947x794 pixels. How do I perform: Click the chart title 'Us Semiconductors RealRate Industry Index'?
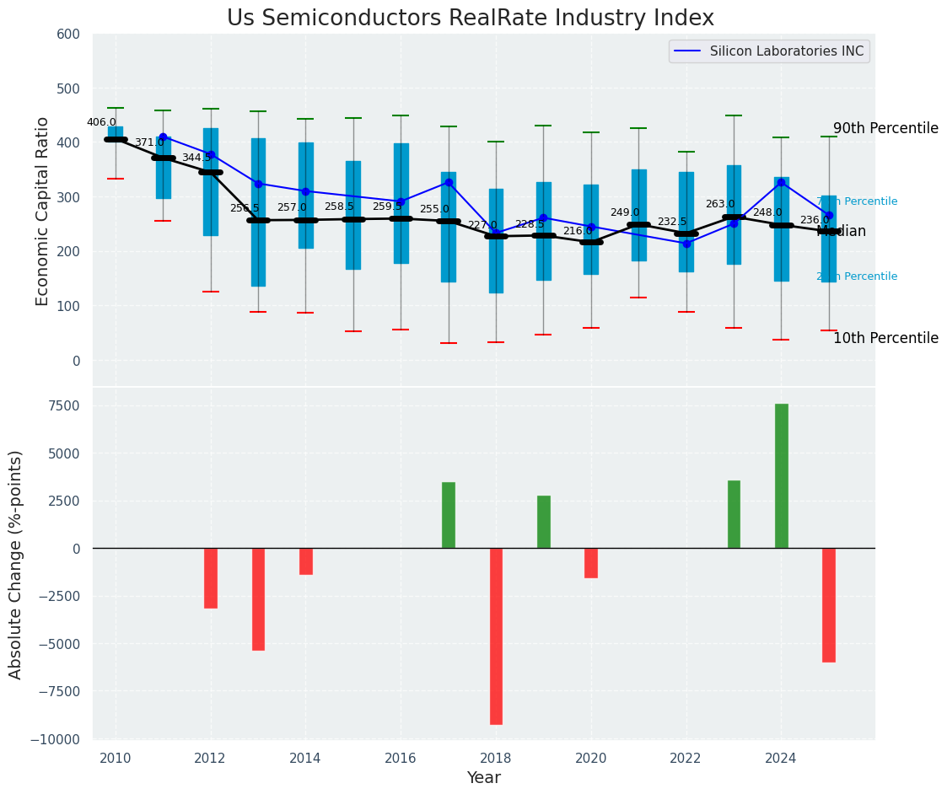pos(470,19)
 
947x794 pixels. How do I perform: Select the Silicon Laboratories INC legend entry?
pos(786,51)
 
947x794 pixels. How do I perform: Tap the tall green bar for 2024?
pos(782,475)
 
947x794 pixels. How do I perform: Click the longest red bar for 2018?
pos(496,636)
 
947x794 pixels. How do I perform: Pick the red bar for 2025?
pos(829,604)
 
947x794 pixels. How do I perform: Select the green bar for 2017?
pos(449,515)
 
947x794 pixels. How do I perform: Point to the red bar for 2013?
pos(258,598)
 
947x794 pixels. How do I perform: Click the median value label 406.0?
pos(101,122)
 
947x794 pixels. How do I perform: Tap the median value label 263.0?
pos(720,204)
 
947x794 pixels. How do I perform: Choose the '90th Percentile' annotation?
pos(885,129)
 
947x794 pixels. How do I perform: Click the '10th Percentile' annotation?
pos(885,339)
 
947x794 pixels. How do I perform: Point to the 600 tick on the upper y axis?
pos(68,35)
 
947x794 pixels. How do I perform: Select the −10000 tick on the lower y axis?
pos(56,739)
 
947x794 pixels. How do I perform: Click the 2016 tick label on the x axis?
pos(401,758)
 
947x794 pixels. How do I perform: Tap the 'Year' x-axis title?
pos(484,778)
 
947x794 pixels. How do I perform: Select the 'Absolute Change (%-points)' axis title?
pos(16,564)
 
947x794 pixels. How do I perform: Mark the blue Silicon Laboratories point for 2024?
pos(781,182)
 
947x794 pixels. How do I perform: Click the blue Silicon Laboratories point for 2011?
pos(163,137)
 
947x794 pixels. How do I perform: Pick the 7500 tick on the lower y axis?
pos(63,406)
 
